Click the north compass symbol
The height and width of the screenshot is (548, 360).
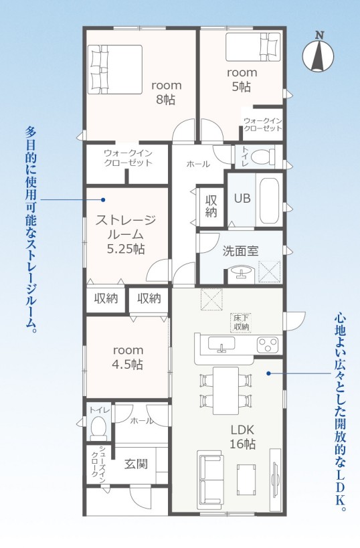(x=318, y=52)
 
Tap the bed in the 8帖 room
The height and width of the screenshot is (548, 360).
(x=114, y=70)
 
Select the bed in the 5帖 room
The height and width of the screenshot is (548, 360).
(x=253, y=47)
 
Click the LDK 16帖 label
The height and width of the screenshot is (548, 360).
(x=242, y=436)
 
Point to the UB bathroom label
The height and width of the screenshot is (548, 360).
(x=242, y=199)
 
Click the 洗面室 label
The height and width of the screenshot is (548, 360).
(x=240, y=251)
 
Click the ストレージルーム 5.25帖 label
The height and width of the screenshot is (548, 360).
(x=126, y=234)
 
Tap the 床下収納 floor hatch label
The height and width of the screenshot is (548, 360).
(x=241, y=323)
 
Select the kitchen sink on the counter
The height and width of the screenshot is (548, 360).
(x=221, y=343)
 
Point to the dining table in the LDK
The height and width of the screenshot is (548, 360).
(x=226, y=390)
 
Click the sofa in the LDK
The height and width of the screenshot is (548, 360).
(x=210, y=479)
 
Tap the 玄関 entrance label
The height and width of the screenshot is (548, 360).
(x=136, y=464)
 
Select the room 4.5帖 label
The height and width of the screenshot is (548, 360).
(x=127, y=357)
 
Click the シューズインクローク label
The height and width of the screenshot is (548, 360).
(x=98, y=464)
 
